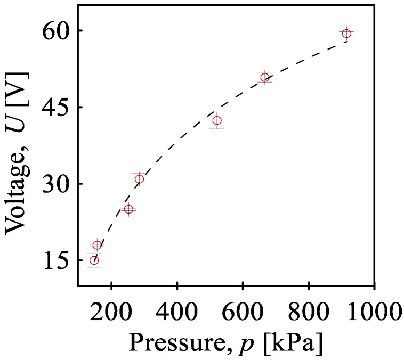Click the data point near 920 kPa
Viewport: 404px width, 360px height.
coord(346,34)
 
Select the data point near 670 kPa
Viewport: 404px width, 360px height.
coord(265,77)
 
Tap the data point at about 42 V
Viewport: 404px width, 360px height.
coord(217,120)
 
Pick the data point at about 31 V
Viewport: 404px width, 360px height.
coord(140,179)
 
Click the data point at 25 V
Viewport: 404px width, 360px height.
coord(128,209)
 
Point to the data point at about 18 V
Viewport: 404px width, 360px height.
coord(97,245)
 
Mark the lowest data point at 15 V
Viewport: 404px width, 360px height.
coord(94,260)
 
